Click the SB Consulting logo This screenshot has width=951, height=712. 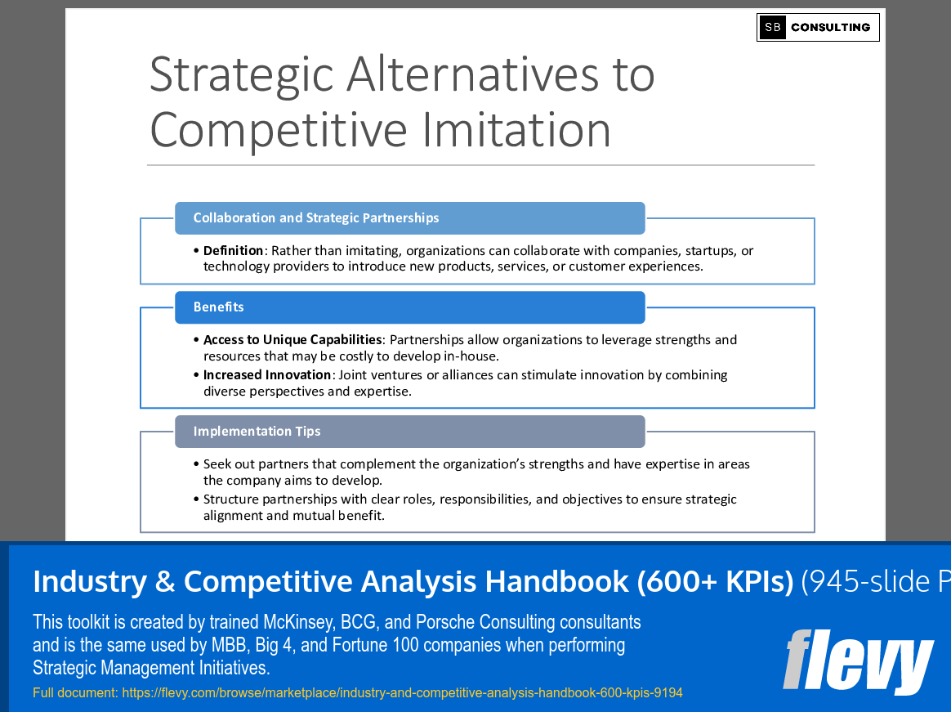point(818,27)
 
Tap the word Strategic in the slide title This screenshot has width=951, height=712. point(242,74)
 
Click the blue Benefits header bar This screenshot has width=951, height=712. point(409,307)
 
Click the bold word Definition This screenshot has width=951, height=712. point(233,251)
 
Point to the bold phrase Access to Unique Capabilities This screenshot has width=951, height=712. point(292,340)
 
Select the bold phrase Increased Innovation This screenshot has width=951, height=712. point(267,375)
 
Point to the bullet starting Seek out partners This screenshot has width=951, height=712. point(475,472)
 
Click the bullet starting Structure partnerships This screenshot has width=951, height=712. point(469,507)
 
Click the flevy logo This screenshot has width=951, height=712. point(857,660)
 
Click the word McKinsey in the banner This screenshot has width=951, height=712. point(293,623)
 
